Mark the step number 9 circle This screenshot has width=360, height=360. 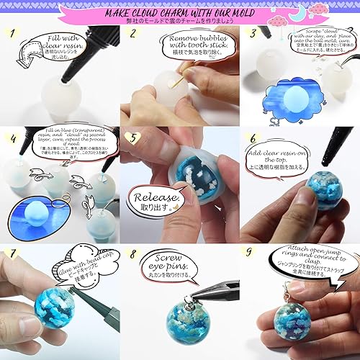click(250, 254)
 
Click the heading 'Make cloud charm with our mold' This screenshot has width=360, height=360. click(180, 12)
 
